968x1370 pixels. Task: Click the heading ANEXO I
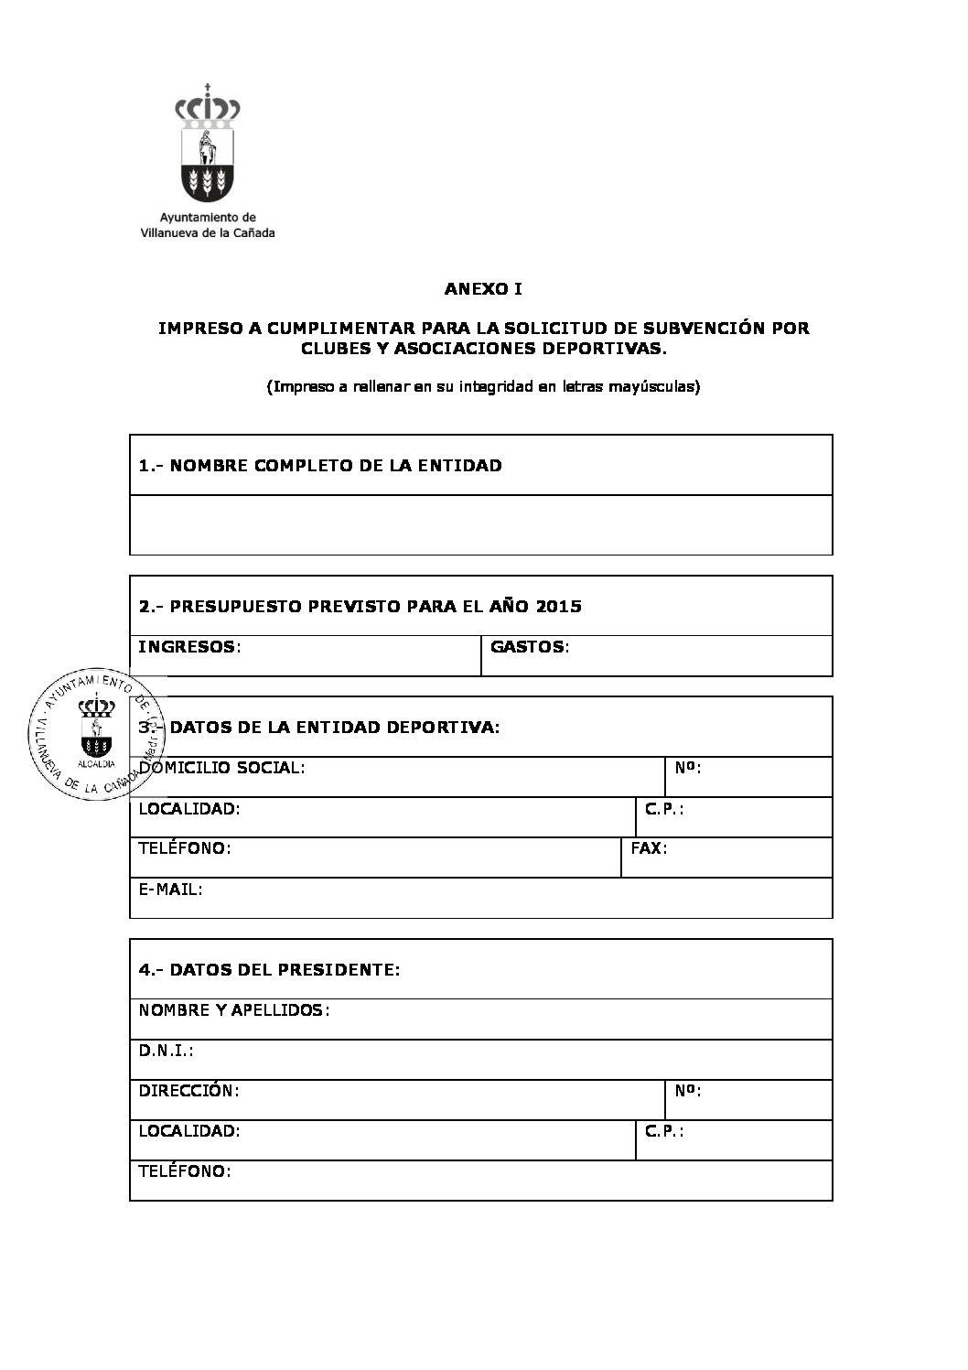coord(483,289)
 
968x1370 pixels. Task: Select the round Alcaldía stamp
coord(94,733)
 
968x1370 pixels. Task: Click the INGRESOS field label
coord(188,647)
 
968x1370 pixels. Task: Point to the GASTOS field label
coord(529,647)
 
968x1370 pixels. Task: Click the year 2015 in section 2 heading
coord(559,606)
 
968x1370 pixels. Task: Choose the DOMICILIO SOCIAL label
coord(221,768)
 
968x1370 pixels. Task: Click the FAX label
coord(649,848)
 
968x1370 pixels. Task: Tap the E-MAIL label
coord(170,889)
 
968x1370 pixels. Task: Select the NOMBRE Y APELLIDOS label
coord(233,1010)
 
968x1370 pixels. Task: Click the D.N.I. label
coord(166,1051)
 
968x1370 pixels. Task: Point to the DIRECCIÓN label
coord(188,1091)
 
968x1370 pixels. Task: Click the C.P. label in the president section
coord(664,1131)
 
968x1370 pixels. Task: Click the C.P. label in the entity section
coord(664,809)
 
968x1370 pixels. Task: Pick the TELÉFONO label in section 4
coord(184,1171)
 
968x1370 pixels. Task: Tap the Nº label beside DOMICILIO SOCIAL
coord(688,768)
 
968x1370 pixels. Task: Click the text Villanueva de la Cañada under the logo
coord(208,232)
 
